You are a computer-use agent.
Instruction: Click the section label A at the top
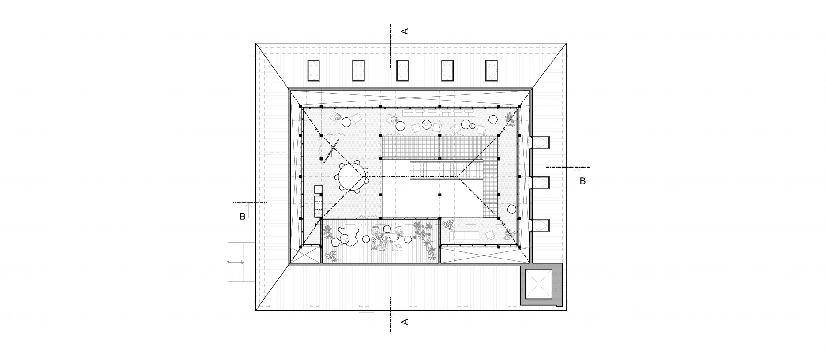click(x=404, y=31)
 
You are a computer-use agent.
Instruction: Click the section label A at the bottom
click(x=404, y=322)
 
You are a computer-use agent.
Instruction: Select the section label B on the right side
click(x=582, y=181)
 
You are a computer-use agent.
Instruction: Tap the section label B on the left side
click(x=242, y=217)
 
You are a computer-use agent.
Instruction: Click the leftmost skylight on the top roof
click(x=314, y=71)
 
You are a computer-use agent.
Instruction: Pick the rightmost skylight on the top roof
click(x=492, y=71)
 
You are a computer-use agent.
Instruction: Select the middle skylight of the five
click(x=403, y=71)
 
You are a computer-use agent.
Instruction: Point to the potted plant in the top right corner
click(x=510, y=118)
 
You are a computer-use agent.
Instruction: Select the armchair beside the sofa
click(x=489, y=235)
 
